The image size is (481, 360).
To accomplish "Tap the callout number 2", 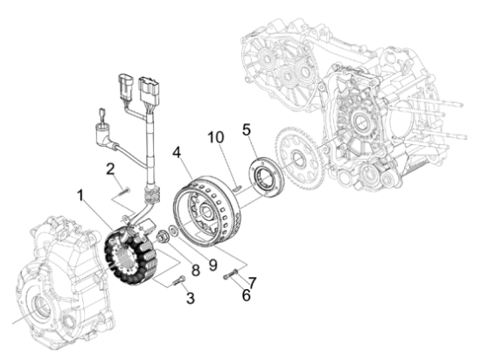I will coord(112,168).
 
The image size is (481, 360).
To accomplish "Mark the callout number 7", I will coord(251,281).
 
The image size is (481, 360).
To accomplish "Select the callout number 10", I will coord(215,137).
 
